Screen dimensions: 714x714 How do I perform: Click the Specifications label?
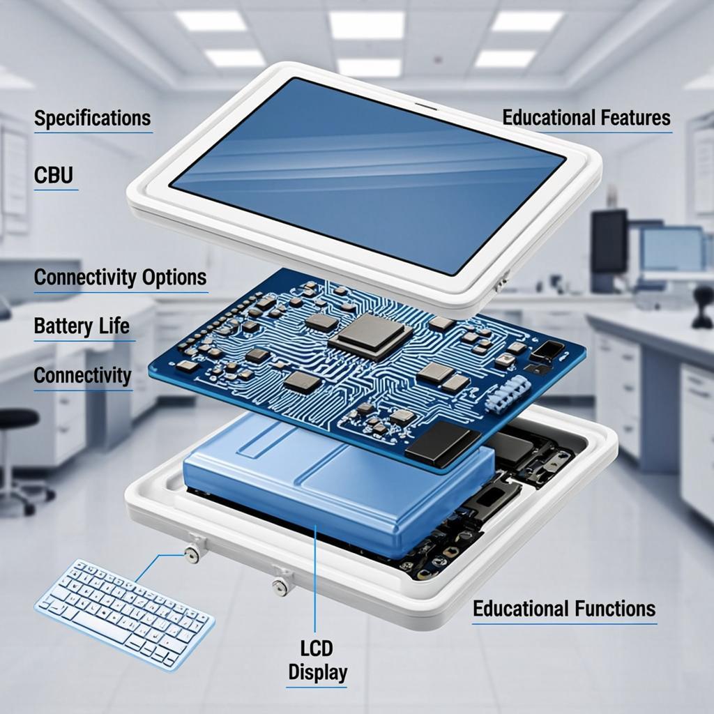(x=93, y=118)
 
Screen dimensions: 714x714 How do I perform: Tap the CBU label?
(x=54, y=175)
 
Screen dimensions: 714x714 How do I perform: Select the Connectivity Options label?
(x=120, y=278)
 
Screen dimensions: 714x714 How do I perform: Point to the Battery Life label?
(x=82, y=326)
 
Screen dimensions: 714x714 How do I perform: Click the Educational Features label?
(x=586, y=117)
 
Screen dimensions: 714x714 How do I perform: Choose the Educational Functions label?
(x=564, y=608)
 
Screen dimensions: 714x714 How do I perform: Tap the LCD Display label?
(x=317, y=660)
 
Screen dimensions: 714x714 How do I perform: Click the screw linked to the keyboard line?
(x=192, y=555)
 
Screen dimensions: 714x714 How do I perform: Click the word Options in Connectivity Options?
(x=174, y=278)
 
